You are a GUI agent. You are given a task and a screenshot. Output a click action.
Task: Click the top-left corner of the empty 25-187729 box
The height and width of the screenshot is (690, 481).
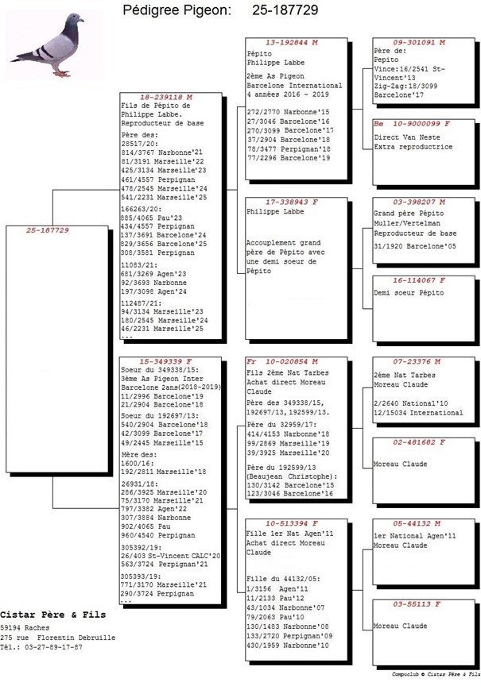6,226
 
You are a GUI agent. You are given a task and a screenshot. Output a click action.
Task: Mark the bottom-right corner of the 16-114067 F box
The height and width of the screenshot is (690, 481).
475,341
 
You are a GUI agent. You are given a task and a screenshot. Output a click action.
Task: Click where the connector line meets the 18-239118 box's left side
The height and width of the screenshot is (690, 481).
120,190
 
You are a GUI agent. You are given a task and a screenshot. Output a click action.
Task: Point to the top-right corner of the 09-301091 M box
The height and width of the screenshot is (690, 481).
475,38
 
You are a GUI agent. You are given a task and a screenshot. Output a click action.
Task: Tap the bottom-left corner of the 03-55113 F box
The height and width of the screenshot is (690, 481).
373,665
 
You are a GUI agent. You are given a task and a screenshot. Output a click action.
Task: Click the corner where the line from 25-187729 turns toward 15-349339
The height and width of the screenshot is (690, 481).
52,508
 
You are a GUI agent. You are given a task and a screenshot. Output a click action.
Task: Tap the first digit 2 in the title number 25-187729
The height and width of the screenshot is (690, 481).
256,10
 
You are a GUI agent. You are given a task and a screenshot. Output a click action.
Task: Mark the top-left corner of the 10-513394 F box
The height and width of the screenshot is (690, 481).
246,519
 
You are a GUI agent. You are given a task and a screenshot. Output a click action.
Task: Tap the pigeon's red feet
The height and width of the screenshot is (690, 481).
62,74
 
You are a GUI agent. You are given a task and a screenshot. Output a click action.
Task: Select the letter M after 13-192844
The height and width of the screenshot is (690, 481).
315,43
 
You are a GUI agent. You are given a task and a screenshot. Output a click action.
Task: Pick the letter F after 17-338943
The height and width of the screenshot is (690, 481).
315,202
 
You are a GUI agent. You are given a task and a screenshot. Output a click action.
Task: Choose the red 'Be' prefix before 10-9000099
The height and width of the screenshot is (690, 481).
378,124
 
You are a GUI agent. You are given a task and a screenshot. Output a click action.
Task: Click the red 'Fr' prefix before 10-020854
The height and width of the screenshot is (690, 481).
251,361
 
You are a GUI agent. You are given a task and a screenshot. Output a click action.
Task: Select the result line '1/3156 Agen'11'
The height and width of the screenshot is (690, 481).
277,589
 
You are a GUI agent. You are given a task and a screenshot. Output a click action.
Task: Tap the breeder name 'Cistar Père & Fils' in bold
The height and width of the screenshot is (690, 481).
52,615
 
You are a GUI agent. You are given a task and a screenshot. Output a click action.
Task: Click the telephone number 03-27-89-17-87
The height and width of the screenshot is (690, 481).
53,647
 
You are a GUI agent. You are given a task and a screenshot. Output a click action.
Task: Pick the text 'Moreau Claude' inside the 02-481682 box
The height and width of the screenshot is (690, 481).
401,464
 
